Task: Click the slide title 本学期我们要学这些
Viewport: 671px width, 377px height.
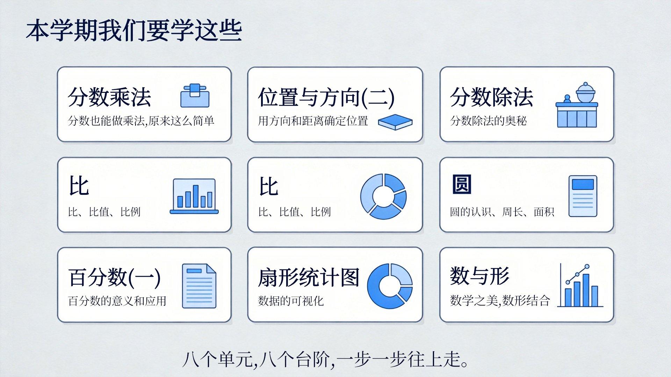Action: coord(134,31)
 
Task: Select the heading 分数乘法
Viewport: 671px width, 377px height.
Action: coord(109,97)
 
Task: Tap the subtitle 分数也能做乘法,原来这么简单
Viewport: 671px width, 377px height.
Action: coord(141,121)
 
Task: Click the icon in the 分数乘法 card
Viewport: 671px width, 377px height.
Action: coord(195,95)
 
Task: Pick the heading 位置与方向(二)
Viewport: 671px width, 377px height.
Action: coord(326,97)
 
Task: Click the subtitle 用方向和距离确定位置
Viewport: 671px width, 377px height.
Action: coord(313,121)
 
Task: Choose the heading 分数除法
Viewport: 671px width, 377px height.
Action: coord(491,97)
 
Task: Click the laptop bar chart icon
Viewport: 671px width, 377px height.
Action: coord(194,196)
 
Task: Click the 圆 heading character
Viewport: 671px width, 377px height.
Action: coord(462,184)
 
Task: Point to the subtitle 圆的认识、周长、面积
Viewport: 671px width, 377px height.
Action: coord(502,212)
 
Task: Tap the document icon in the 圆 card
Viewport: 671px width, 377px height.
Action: coord(583,196)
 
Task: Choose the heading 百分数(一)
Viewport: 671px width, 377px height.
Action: coord(114,278)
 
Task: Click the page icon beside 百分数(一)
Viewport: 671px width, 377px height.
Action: coord(199,286)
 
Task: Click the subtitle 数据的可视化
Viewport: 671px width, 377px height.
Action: coord(291,301)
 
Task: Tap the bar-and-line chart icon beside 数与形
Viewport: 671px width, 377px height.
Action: coord(580,286)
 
